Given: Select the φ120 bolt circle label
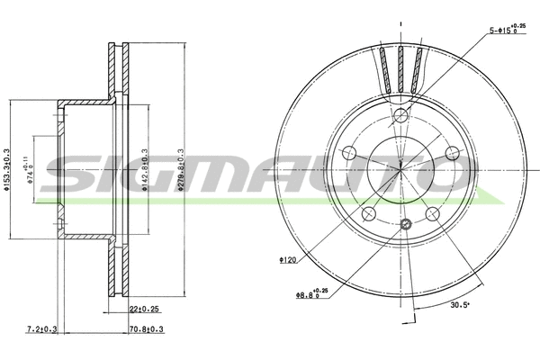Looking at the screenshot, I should coord(288,261).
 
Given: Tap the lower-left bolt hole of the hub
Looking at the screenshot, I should coord(369,212).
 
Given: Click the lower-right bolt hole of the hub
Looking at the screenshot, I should coord(433,213).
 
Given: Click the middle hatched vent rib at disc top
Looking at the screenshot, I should coord(401,67).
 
